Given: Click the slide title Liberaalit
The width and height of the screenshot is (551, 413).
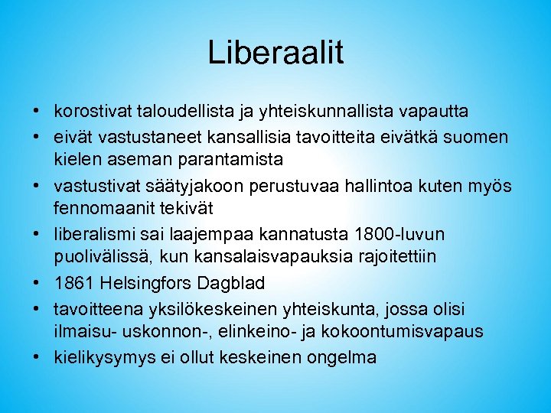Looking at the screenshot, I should pyautogui.click(x=275, y=53).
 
